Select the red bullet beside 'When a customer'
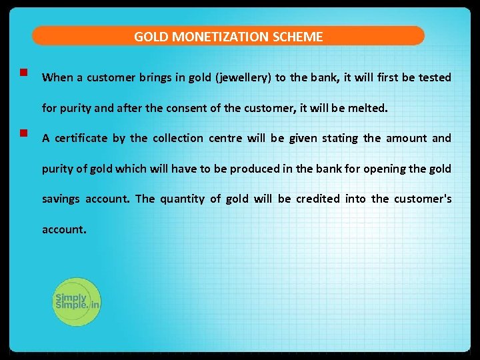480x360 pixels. [x=23, y=72]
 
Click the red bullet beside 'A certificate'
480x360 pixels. [x=23, y=133]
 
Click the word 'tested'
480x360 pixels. [x=435, y=77]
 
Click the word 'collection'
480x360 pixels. [x=178, y=139]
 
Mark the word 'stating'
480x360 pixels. [x=339, y=139]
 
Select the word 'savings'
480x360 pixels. [x=61, y=199]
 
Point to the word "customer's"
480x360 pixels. [x=423, y=199]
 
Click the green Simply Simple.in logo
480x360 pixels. [x=77, y=301]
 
